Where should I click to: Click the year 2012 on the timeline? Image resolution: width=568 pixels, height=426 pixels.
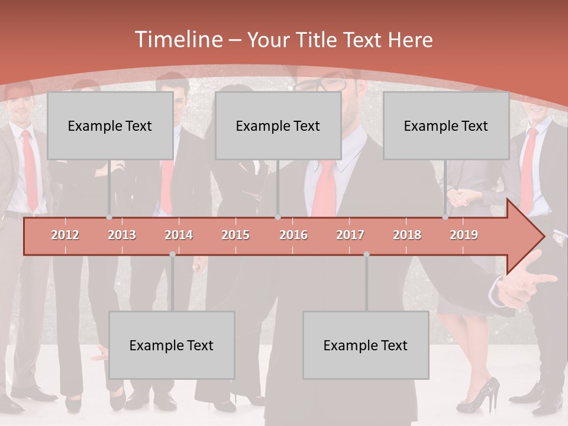click(65, 235)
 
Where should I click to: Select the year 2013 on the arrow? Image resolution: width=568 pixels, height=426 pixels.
click(122, 235)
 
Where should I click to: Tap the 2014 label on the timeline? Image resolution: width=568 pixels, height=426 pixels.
click(179, 235)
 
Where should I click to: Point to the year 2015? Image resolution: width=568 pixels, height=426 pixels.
click(235, 235)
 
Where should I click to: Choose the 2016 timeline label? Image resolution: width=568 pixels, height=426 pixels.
click(293, 235)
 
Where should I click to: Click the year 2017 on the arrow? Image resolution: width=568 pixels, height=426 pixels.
click(350, 235)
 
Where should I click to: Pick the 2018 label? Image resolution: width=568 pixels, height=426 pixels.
click(407, 235)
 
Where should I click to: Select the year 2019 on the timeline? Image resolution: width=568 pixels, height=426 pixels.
click(464, 235)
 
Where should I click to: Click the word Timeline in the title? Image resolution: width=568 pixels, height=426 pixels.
click(178, 40)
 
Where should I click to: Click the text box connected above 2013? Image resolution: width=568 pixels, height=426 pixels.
click(110, 125)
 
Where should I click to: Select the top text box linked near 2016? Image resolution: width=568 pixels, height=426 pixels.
click(278, 125)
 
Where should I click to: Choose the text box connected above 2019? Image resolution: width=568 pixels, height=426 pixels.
click(446, 125)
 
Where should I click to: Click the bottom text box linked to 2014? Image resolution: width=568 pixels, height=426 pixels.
click(172, 345)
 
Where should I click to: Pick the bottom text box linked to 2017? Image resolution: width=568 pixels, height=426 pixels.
click(366, 345)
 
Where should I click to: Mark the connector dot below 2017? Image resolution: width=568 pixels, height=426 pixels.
click(366, 254)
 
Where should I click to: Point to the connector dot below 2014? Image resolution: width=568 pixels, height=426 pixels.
click(172, 254)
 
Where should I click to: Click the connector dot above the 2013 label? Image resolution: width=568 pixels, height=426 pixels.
click(109, 217)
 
